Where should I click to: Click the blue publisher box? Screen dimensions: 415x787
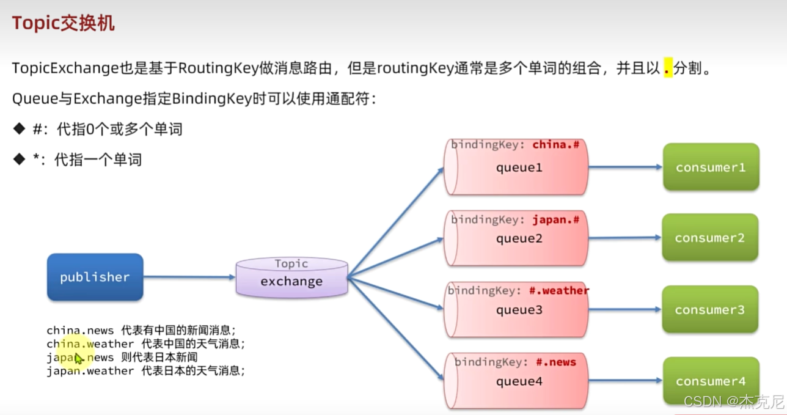click(x=95, y=277)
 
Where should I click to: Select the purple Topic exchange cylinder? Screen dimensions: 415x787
click(x=292, y=278)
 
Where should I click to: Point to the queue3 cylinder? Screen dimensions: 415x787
click(x=518, y=310)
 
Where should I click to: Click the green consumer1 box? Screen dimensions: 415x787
click(x=711, y=167)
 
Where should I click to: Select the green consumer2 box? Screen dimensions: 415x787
click(x=710, y=238)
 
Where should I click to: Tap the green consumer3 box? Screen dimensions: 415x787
click(x=710, y=310)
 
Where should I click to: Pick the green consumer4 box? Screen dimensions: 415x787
click(x=711, y=381)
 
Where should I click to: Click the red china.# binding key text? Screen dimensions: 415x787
click(x=555, y=145)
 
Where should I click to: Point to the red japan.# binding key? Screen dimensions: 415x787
click(x=555, y=219)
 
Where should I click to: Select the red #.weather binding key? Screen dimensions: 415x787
click(x=563, y=290)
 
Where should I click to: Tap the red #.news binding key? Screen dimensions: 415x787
click(x=556, y=362)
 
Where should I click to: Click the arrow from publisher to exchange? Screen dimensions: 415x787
click(x=189, y=277)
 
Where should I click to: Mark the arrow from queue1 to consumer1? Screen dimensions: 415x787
click(x=625, y=167)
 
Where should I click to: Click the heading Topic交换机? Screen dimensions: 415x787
click(x=63, y=23)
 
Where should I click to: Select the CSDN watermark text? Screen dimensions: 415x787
click(x=733, y=402)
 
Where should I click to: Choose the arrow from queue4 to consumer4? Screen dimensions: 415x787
click(x=626, y=381)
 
